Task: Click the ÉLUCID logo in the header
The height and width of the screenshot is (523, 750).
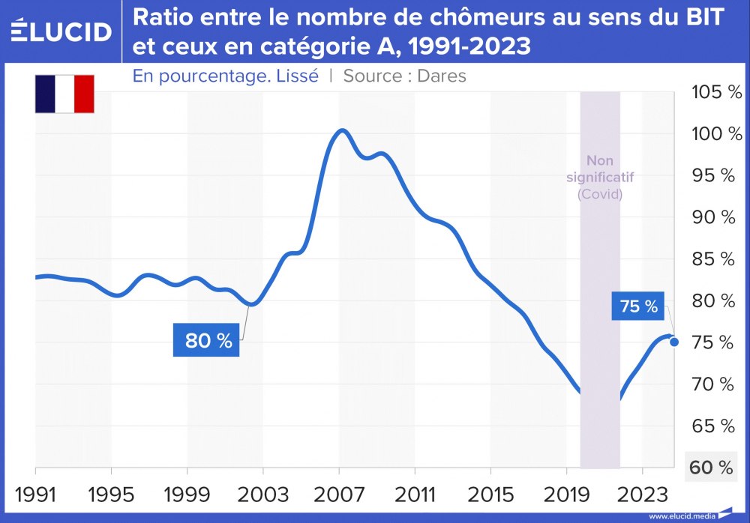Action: pyautogui.click(x=61, y=31)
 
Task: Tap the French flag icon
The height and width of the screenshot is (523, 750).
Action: pyautogui.click(x=64, y=94)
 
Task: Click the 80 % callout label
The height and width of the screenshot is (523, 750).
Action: pyautogui.click(x=207, y=340)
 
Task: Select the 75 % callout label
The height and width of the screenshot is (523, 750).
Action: pyautogui.click(x=638, y=306)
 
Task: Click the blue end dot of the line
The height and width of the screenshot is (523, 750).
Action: pyautogui.click(x=673, y=342)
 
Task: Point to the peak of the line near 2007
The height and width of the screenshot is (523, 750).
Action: pyautogui.click(x=341, y=130)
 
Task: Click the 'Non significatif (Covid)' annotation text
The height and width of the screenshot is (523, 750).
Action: pyautogui.click(x=599, y=178)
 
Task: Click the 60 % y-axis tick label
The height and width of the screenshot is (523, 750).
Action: pyautogui.click(x=710, y=468)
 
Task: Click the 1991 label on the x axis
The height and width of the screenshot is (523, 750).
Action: pyautogui.click(x=36, y=495)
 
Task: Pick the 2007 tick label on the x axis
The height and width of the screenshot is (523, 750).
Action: pyautogui.click(x=339, y=495)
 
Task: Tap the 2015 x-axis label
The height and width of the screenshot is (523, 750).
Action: pyautogui.click(x=490, y=495)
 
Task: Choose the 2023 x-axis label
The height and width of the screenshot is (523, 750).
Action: pyautogui.click(x=642, y=495)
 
